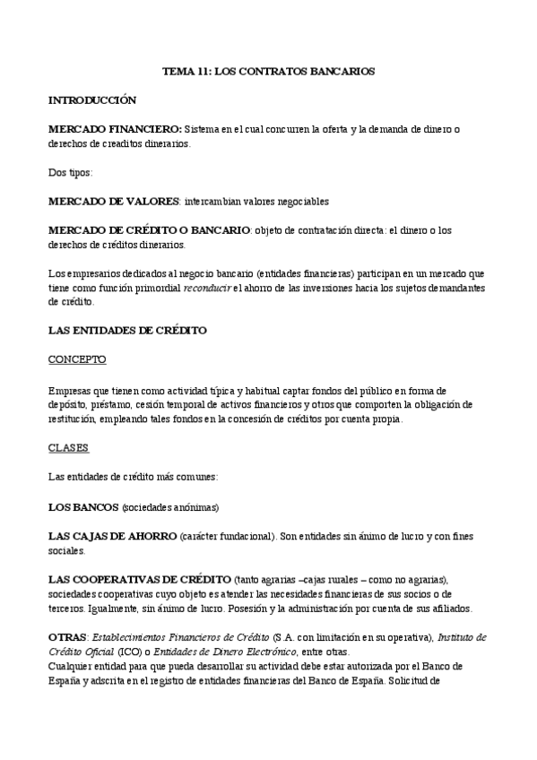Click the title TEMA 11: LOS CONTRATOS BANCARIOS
coord(268,69)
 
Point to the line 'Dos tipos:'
coord(72,171)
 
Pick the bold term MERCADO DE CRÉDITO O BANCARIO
coord(149,230)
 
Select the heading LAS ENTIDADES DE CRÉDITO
coord(127,330)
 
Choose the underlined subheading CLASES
coord(68,446)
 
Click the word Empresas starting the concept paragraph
coord(71,392)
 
